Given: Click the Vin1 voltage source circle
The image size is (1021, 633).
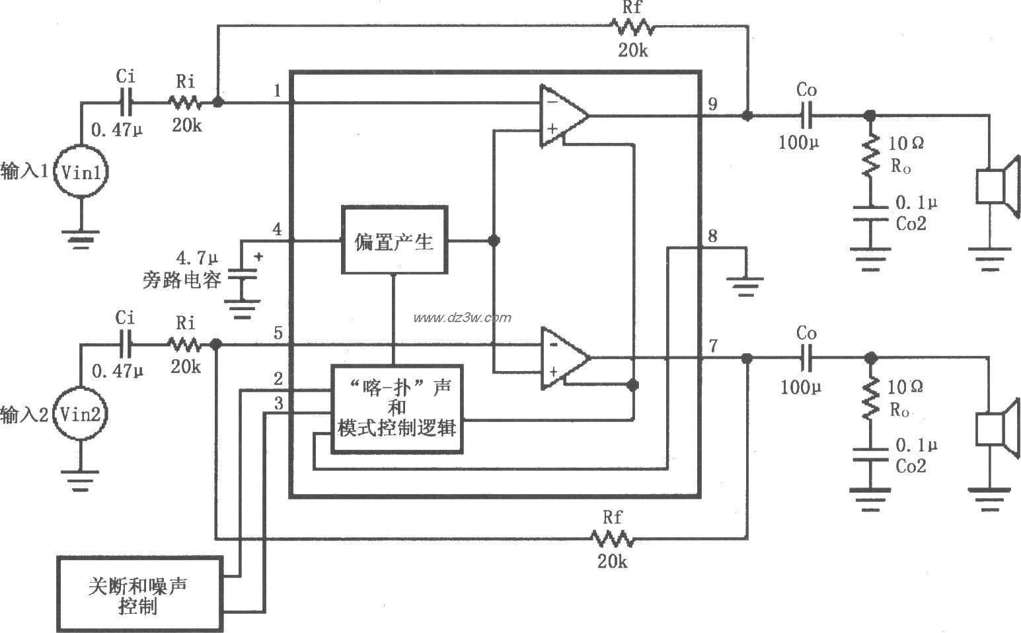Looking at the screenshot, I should tap(81, 173).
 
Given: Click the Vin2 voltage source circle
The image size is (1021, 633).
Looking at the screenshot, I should tap(80, 415).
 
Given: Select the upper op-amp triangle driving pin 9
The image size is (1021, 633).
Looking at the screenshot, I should tap(562, 115).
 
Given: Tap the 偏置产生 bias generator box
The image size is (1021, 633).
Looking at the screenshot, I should tap(394, 240).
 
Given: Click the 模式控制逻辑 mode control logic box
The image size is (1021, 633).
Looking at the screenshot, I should tap(396, 409).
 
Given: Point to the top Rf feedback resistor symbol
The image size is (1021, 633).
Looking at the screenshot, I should tap(632, 27).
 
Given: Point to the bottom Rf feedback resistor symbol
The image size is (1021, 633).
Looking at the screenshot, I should tap(613, 540).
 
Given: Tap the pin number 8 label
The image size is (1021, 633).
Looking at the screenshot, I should tap(712, 236).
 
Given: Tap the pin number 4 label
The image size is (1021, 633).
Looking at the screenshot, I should tap(277, 230).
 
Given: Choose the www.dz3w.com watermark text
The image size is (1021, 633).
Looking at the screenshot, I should tap(462, 317).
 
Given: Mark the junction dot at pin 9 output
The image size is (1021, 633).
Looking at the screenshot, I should tap(747, 115).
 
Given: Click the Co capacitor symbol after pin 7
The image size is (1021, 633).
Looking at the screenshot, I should tap(806, 358).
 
